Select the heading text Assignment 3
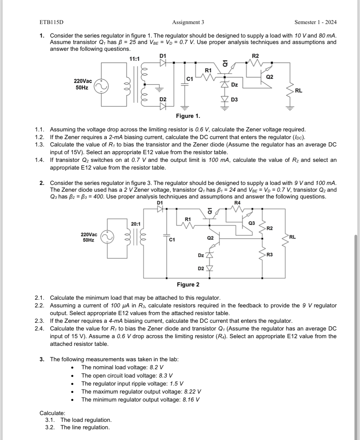click(x=188, y=22)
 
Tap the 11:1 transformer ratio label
click(x=134, y=59)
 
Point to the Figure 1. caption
click(x=188, y=116)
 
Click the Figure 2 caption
click(x=188, y=285)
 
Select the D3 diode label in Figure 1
click(x=234, y=99)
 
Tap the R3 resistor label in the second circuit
click(x=270, y=254)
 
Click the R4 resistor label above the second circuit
click(x=238, y=203)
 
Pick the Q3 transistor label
click(x=251, y=223)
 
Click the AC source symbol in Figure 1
click(x=101, y=86)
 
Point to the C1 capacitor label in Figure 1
click(x=190, y=79)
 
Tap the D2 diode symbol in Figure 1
click(x=163, y=106)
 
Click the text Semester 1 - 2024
click(x=315, y=22)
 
